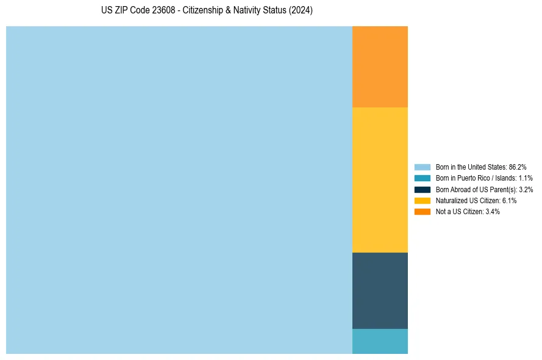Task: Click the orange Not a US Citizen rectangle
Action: coord(380,67)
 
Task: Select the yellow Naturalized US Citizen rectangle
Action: coord(380,179)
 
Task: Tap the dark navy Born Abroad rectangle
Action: coord(380,290)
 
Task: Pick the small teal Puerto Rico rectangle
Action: coord(380,341)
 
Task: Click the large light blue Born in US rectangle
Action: coord(179,190)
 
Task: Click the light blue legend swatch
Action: coord(423,167)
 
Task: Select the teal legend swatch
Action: coord(423,178)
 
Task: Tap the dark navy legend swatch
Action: coord(423,189)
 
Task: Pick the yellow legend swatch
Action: coord(423,200)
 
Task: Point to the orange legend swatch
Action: coord(423,211)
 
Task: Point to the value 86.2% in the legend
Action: coord(518,167)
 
